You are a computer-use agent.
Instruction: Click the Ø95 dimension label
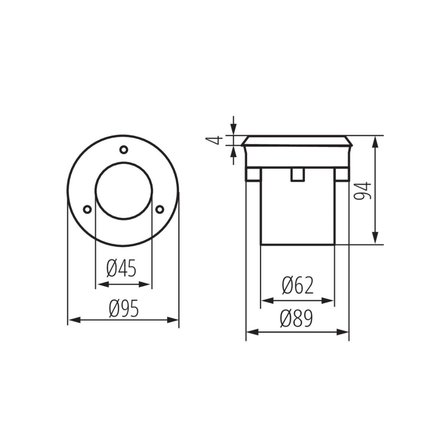pyautogui.click(x=124, y=309)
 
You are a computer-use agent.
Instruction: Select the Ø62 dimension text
pyautogui.click(x=298, y=286)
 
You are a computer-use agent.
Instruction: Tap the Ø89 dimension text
pyautogui.click(x=296, y=319)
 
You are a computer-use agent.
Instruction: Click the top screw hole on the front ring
pyautogui.click(x=124, y=149)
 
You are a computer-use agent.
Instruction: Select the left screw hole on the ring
pyautogui.click(x=87, y=209)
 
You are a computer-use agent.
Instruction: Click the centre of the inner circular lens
pyautogui.click(x=124, y=191)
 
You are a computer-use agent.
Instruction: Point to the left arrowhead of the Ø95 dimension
pyautogui.click(x=74, y=320)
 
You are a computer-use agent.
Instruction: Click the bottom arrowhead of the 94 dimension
pyautogui.click(x=375, y=238)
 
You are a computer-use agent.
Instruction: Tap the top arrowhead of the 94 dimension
pyautogui.click(x=375, y=141)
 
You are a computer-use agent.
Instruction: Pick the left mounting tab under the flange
pyautogui.click(x=253, y=175)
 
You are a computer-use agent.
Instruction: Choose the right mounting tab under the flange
pyautogui.click(x=341, y=175)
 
